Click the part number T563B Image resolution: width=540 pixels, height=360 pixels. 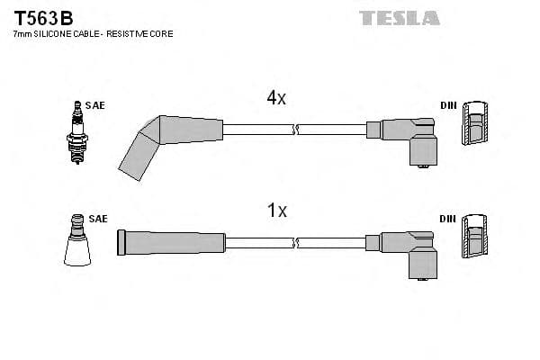[x=43, y=16]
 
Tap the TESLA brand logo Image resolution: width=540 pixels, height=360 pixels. [x=400, y=17]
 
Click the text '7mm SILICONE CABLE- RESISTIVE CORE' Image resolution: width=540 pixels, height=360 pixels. [x=92, y=34]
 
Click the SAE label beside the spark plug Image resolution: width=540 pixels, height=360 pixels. [x=95, y=106]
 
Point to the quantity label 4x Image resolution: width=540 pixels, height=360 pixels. [x=276, y=99]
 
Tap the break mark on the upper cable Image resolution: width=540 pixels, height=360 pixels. [x=295, y=130]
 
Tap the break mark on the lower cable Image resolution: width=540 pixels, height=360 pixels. [x=295, y=242]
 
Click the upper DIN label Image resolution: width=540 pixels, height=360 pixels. [x=448, y=106]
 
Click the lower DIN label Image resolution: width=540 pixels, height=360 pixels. [x=448, y=219]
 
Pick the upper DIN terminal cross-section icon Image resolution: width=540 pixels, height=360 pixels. [x=477, y=124]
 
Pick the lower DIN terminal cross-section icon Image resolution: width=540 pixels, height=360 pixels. [x=477, y=238]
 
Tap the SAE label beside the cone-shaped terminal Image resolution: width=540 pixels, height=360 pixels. [x=98, y=219]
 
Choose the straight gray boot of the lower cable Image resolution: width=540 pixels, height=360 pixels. [x=171, y=242]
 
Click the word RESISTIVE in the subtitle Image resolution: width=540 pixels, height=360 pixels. [x=131, y=34]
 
